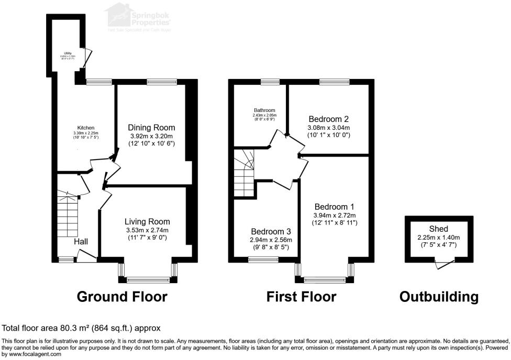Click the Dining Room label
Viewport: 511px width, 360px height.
151,128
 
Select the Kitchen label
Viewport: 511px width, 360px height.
86,128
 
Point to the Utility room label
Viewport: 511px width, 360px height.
68,53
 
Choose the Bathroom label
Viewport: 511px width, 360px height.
264,110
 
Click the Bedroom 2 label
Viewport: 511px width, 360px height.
328,119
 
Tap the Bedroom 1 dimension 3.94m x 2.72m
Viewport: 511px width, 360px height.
335,215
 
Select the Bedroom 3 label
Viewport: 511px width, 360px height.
271,232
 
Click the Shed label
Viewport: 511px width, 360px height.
438,229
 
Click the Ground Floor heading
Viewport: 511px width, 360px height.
122,297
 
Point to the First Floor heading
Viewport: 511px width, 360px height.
301,297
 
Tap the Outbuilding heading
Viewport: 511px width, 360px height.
439,297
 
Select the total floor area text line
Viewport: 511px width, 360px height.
81,328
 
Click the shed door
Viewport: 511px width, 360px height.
446,265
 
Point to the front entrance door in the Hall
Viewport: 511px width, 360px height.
86,256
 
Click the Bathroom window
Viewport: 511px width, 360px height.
270,81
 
